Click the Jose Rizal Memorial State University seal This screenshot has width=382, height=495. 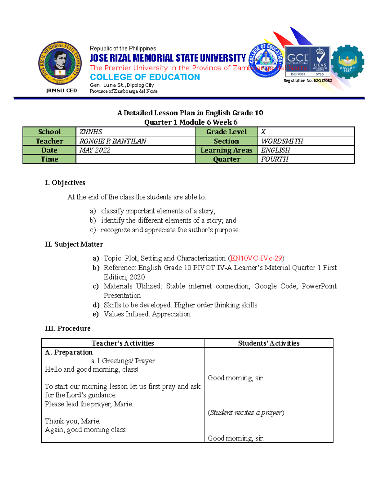[x=60, y=63]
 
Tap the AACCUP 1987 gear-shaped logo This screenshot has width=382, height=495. [x=347, y=63]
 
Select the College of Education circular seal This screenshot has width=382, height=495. [x=266, y=60]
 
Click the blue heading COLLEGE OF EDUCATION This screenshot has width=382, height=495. [x=145, y=77]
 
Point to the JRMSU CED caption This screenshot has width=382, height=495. [x=61, y=91]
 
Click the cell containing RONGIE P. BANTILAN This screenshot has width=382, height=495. [x=135, y=141]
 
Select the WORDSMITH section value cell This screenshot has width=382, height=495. [x=306, y=141]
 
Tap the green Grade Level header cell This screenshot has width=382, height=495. [x=226, y=132]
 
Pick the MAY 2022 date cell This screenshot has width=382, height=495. [x=135, y=150]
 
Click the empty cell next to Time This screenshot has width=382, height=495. [x=135, y=159]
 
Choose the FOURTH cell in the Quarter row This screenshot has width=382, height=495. [x=306, y=159]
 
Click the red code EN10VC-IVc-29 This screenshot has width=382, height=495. [x=256, y=258]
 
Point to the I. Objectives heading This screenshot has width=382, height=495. [x=65, y=183]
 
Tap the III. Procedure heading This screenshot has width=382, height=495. [x=67, y=328]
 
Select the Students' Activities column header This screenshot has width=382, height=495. [x=269, y=343]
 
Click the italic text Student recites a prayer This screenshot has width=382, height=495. [x=246, y=412]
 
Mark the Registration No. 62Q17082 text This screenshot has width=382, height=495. [x=308, y=81]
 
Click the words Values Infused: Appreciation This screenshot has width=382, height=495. [x=147, y=314]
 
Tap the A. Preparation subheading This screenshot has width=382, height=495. [x=69, y=352]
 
